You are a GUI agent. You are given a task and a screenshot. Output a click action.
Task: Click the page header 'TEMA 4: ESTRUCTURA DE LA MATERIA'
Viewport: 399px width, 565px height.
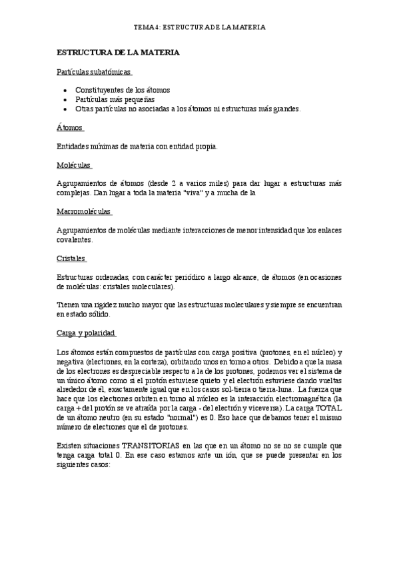(x=200, y=27)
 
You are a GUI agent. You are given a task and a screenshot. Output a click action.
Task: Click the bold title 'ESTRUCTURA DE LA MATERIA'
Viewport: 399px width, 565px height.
(x=118, y=51)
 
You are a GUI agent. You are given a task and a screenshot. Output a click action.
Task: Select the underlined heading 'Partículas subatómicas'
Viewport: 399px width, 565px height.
(x=93, y=71)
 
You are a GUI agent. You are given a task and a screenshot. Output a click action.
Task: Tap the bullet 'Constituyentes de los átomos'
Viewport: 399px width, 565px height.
(x=123, y=90)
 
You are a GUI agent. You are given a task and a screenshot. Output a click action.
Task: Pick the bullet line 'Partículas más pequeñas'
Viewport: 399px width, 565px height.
(x=115, y=99)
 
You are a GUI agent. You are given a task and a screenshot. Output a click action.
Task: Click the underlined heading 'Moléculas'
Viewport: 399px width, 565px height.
(x=74, y=164)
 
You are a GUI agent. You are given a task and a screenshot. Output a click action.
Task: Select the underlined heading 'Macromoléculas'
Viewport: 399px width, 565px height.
(x=85, y=212)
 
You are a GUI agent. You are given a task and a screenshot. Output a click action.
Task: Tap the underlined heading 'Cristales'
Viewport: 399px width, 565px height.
(x=72, y=259)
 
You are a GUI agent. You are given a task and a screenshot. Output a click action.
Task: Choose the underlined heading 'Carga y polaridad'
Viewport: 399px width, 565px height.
(x=87, y=332)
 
